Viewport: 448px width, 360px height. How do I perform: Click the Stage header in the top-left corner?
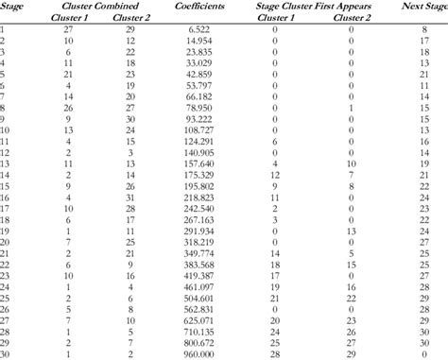13,6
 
